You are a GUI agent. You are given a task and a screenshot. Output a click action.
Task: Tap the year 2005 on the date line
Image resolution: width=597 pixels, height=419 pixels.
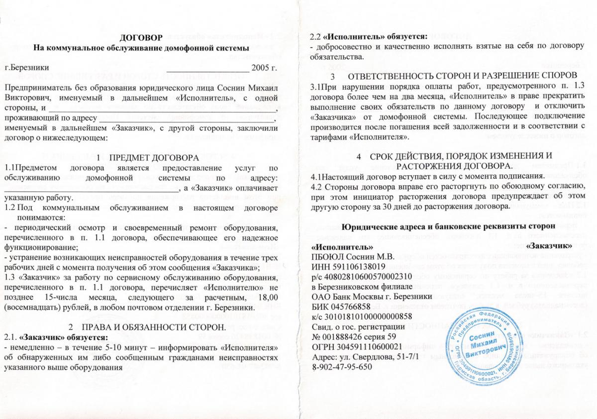click(263, 66)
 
